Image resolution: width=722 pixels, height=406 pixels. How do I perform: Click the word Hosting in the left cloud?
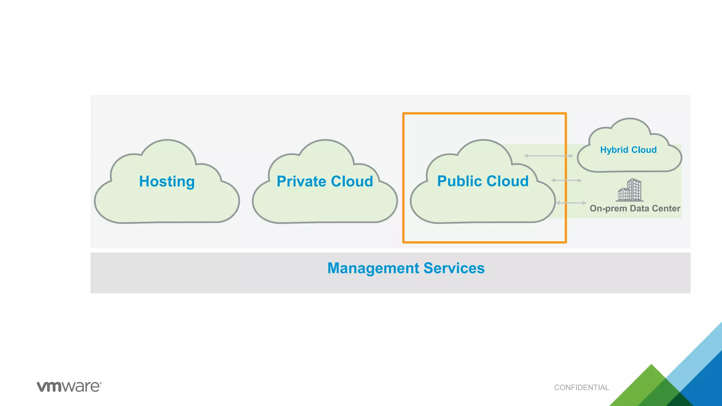tap(167, 182)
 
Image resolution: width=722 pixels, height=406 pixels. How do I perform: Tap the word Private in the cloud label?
tap(301, 182)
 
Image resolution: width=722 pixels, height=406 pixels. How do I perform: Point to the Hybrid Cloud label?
tap(628, 150)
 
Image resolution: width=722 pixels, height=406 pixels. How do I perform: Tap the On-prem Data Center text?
tap(635, 208)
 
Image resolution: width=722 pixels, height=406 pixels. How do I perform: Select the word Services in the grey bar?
tap(454, 268)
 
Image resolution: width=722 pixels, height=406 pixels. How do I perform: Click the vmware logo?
tap(69, 387)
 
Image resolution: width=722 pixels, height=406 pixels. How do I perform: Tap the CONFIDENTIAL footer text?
tap(581, 387)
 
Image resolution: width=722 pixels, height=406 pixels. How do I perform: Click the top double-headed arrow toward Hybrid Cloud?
tap(548, 156)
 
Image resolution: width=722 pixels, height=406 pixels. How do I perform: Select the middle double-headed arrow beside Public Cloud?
tap(566, 180)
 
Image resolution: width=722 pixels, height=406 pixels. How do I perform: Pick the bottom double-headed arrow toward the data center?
tap(571, 203)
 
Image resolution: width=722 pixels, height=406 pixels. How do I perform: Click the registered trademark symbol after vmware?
tap(100, 383)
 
